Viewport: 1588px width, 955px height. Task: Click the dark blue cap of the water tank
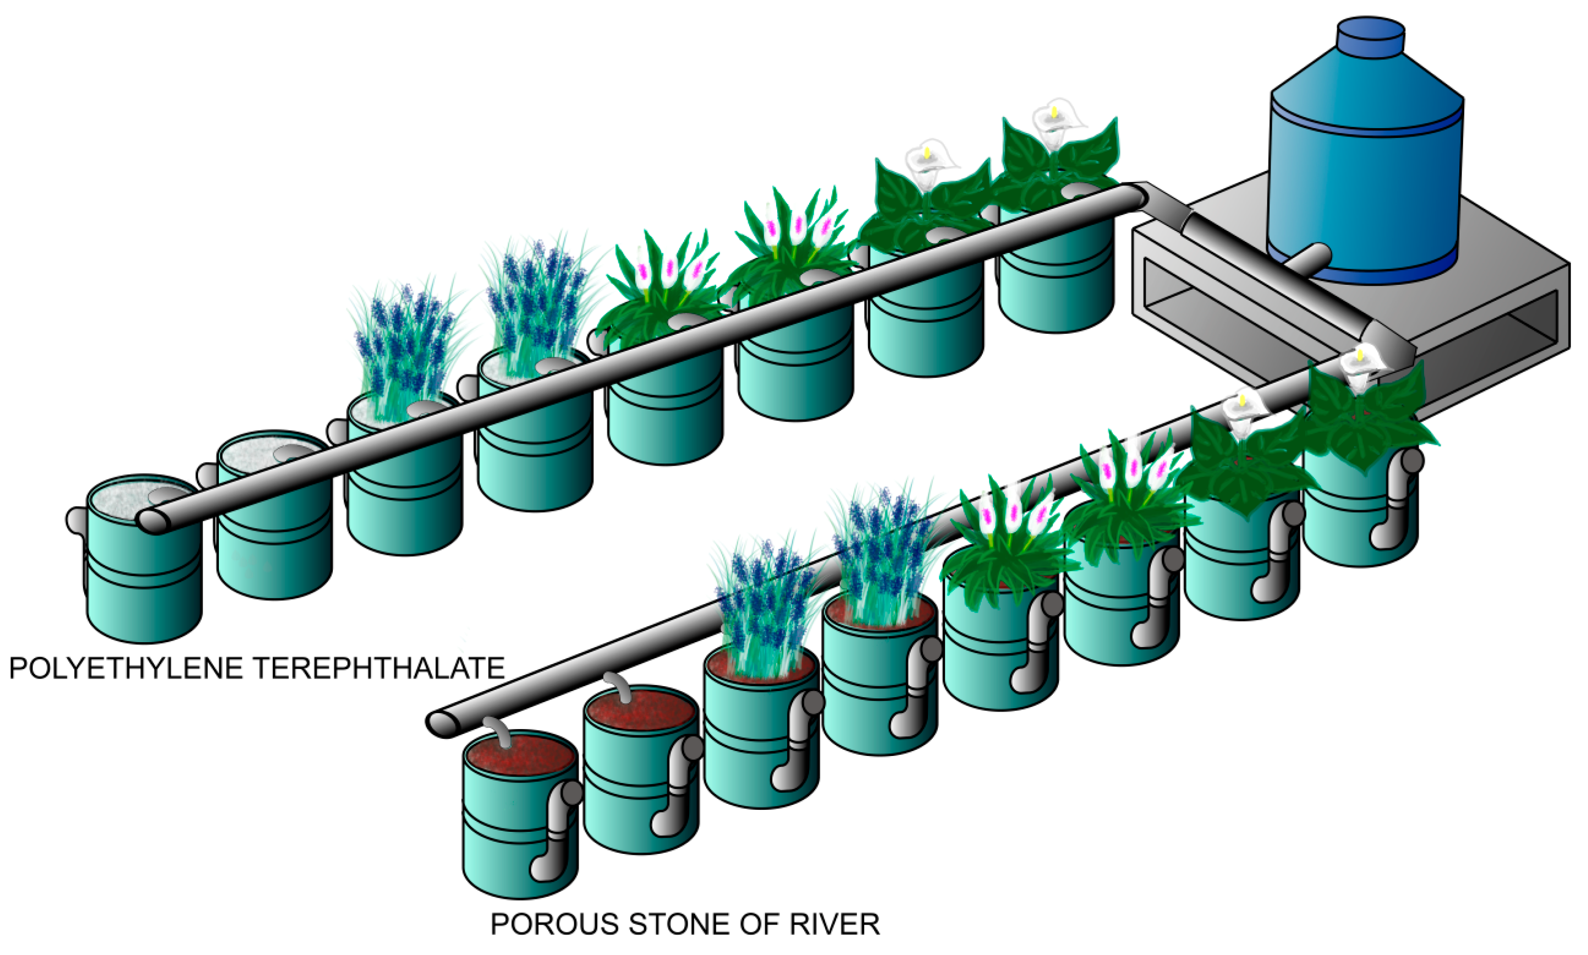pos(1370,37)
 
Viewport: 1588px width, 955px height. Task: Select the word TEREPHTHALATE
pos(380,669)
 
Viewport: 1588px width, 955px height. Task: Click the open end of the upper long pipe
pos(152,521)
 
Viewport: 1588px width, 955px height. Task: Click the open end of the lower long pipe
pos(442,724)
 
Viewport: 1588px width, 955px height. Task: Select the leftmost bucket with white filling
pos(143,560)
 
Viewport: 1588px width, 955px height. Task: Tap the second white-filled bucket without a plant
pos(273,515)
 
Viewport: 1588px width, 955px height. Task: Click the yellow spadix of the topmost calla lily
pos(1054,112)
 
